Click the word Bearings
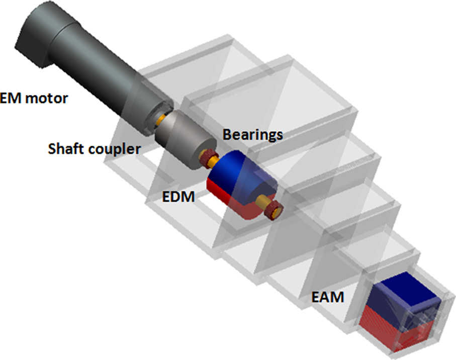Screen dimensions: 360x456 pos(253,134)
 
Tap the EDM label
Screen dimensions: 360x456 pos(179,197)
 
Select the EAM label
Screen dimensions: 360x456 pos(328,297)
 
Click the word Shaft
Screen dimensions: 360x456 pos(65,149)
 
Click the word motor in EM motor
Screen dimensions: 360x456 pos(44,98)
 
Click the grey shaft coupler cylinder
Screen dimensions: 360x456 pos(180,141)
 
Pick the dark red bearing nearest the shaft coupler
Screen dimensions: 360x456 pos(207,160)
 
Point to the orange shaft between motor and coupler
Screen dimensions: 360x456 pos(160,121)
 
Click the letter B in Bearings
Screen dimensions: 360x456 pos(227,134)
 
